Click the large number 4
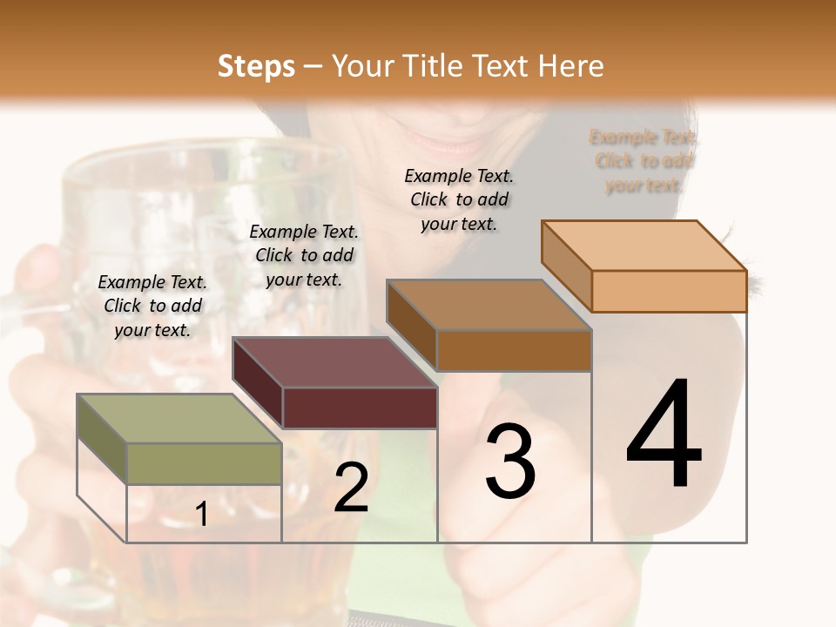(664, 435)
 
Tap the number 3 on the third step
(510, 462)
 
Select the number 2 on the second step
(351, 488)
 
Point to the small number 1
(202, 515)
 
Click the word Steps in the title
(256, 66)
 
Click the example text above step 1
(152, 306)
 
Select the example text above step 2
(304, 255)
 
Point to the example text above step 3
(459, 199)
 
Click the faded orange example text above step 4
(643, 160)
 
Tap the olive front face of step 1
(204, 463)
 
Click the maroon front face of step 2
(359, 408)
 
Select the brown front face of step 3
(514, 351)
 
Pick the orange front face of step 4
(669, 291)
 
